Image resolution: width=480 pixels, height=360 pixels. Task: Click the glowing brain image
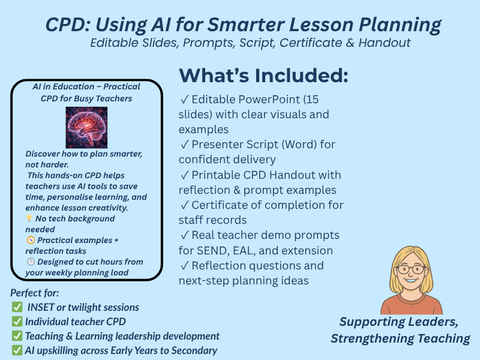click(86, 127)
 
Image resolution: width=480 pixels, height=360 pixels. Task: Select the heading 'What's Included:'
click(263, 76)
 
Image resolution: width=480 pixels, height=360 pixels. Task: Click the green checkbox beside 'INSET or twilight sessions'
click(17, 307)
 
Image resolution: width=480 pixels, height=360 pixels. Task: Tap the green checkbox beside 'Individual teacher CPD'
click(17, 322)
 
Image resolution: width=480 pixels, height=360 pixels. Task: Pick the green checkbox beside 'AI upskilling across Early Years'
click(17, 350)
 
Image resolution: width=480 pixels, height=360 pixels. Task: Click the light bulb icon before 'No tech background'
click(30, 219)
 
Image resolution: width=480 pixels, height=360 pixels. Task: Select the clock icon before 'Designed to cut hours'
click(31, 262)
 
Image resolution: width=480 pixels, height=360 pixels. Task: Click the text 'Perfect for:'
click(35, 293)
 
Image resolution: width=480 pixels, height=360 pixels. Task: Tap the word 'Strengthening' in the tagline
click(375, 338)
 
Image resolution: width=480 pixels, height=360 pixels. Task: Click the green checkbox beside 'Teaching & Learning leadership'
click(17, 336)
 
